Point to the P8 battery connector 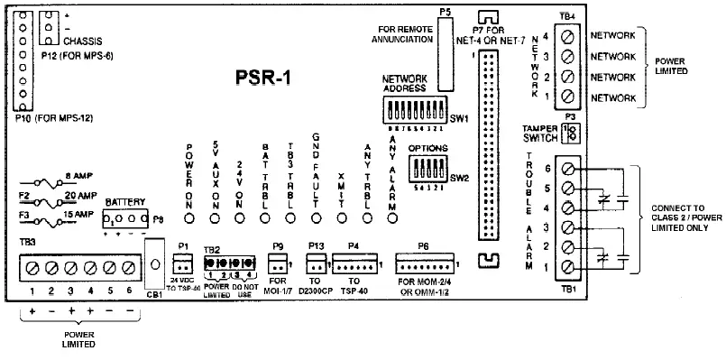[x=125, y=219]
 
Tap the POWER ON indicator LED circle [x=190, y=217]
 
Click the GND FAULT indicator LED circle [x=317, y=217]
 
